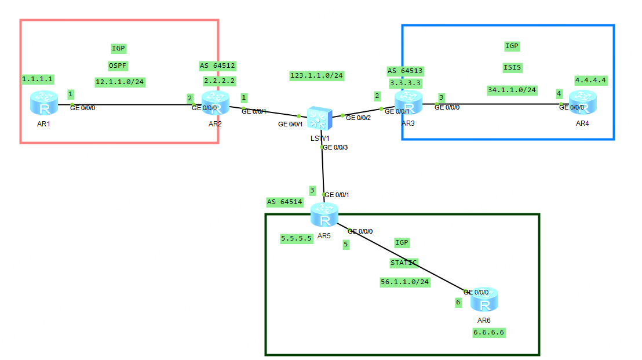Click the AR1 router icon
coord(43,104)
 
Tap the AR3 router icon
coord(409,103)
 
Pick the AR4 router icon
coord(582,103)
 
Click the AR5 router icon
coord(324,216)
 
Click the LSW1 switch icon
coord(318,118)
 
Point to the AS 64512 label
coord(217,66)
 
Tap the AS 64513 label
coord(405,71)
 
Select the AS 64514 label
coord(284,202)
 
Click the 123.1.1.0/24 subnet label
coord(316,75)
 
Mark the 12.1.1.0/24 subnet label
coord(119,82)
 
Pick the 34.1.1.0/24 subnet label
coord(512,90)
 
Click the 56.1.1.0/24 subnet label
coord(405,282)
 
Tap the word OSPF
coord(119,65)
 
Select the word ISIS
coord(512,67)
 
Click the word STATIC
coord(404,263)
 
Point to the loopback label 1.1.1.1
coord(38,78)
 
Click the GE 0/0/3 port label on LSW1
coord(336,147)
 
